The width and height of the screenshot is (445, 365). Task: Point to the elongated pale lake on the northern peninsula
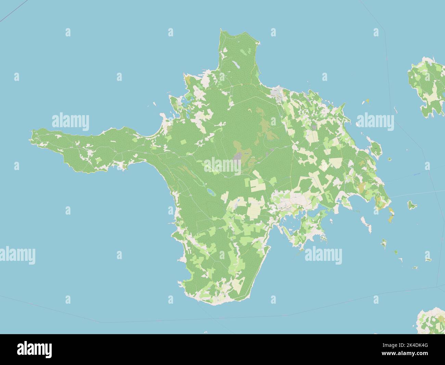click(235, 65)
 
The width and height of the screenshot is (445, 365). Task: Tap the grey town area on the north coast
click(276, 92)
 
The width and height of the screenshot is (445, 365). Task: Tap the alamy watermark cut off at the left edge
click(17, 255)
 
